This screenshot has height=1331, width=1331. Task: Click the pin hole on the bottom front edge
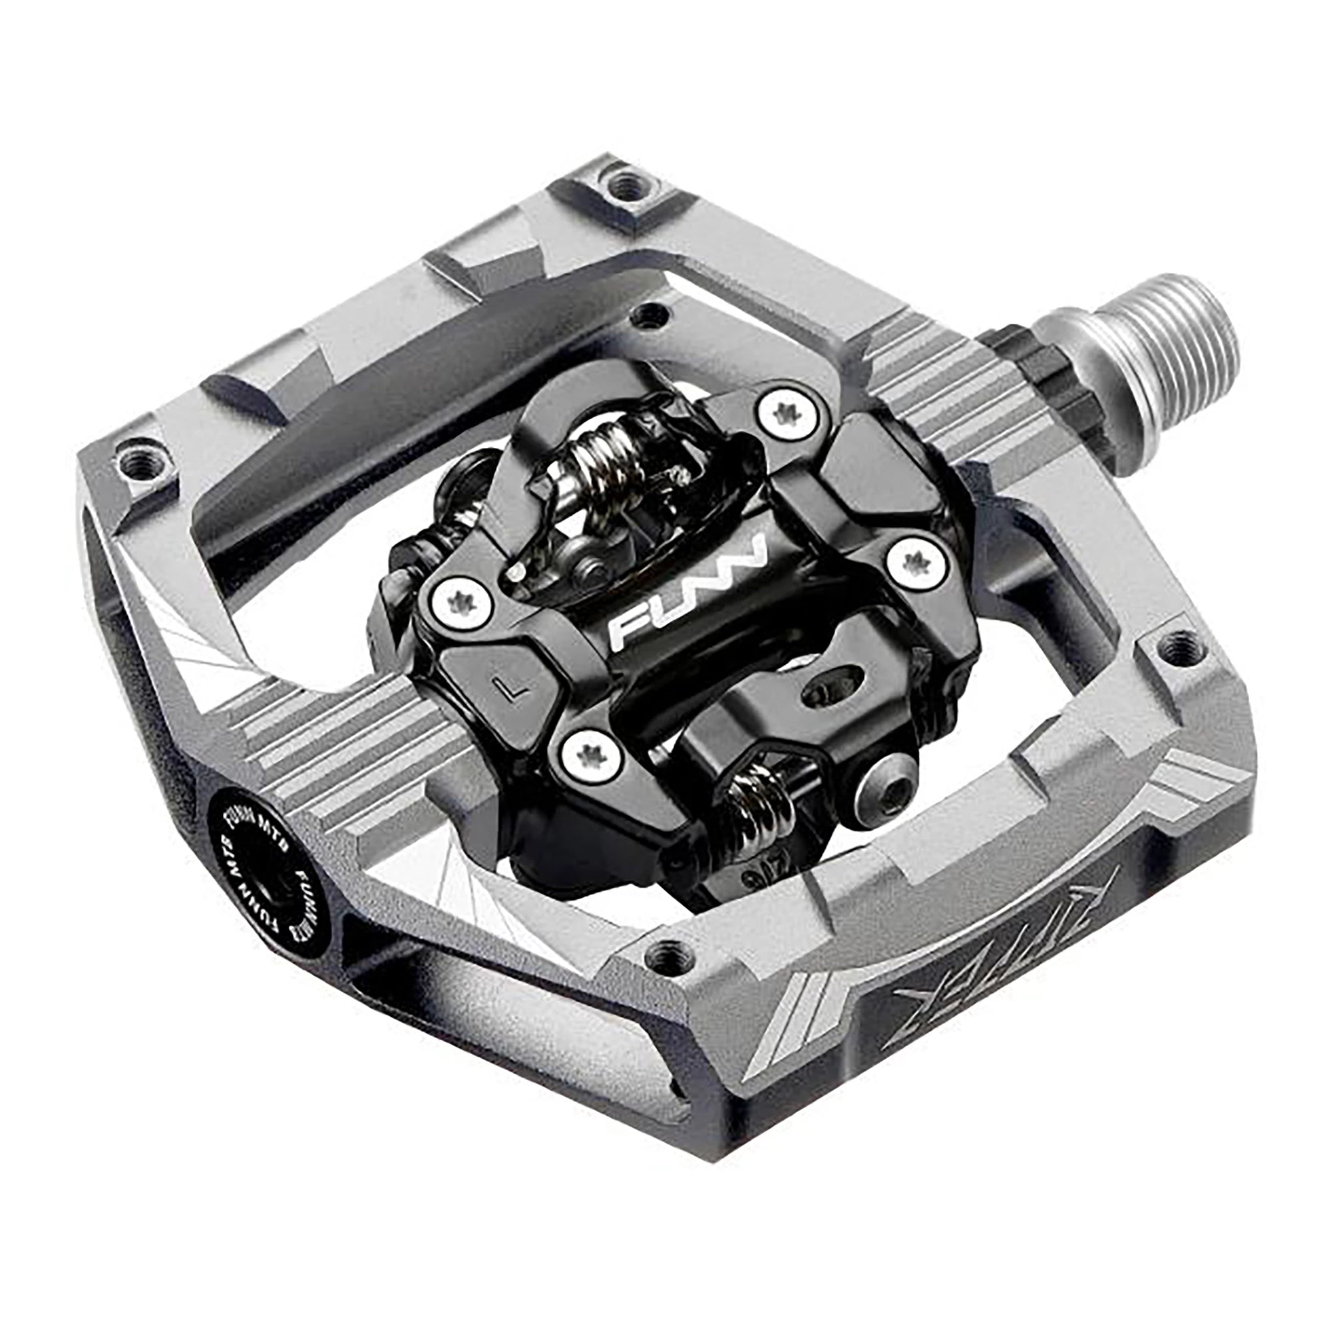point(664,956)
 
